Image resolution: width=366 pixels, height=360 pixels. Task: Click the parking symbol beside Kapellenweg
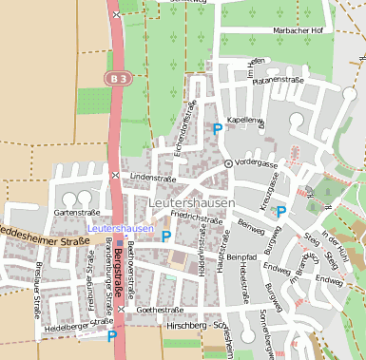pos(218,128)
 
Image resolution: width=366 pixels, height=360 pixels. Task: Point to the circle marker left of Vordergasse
pos(228,163)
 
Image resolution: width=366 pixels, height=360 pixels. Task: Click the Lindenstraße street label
pos(154,177)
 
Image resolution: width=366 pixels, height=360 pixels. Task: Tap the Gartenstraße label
pos(77,212)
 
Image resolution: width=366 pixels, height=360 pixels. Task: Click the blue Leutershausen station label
pos(120,229)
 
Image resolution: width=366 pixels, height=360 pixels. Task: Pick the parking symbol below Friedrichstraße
pos(166,236)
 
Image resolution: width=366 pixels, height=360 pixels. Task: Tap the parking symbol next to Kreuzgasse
pos(280,212)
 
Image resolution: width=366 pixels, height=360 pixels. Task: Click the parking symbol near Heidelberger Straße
pos(111,334)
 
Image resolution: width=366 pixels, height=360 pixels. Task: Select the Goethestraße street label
pos(160,310)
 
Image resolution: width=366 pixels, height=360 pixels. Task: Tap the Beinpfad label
pos(241,256)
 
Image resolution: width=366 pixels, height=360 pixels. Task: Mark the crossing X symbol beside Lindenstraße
pos(115,175)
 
